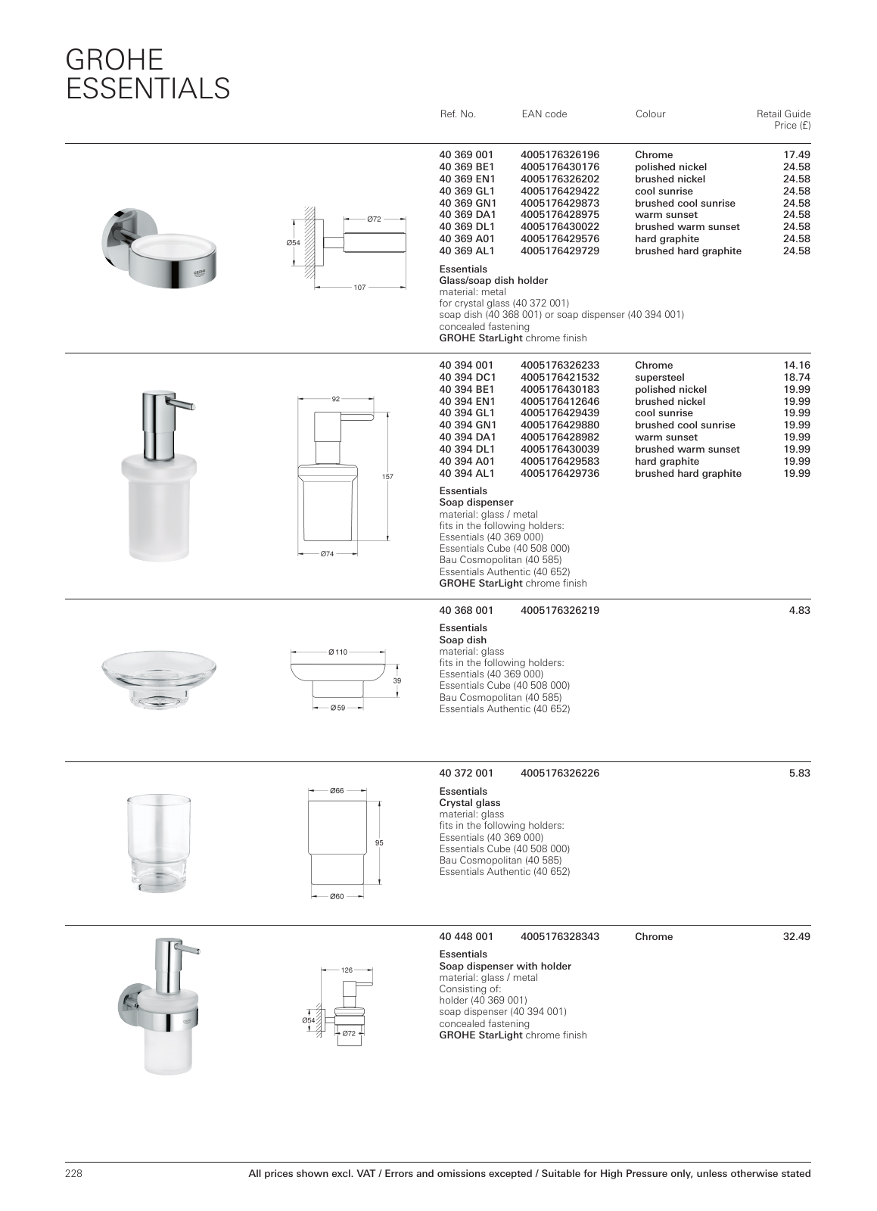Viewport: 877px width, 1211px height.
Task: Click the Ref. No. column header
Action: (457, 114)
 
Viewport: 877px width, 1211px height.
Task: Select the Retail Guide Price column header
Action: (783, 119)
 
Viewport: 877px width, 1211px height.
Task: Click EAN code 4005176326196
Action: (560, 155)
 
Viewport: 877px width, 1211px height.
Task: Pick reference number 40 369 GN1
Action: (468, 203)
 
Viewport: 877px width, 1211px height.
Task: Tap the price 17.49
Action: (796, 155)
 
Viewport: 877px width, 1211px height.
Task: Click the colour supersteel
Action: (659, 377)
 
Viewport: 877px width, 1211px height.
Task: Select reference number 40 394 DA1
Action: (468, 437)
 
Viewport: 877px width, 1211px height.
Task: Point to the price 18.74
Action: (796, 377)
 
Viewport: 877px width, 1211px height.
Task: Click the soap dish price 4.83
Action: (799, 610)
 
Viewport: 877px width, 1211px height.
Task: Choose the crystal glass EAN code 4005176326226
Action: (560, 774)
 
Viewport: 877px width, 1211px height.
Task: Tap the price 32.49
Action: (796, 937)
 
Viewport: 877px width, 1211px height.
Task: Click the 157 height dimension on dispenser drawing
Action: (388, 477)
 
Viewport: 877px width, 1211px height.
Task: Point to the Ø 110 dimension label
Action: (337, 652)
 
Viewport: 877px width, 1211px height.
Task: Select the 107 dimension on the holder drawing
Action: (359, 288)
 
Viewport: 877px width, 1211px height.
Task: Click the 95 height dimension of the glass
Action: (380, 843)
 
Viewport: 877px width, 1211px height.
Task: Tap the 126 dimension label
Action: (347, 970)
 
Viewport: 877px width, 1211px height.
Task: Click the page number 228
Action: (73, 1174)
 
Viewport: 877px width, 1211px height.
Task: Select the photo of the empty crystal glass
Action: (159, 842)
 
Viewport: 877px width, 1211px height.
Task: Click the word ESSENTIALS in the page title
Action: (148, 88)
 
